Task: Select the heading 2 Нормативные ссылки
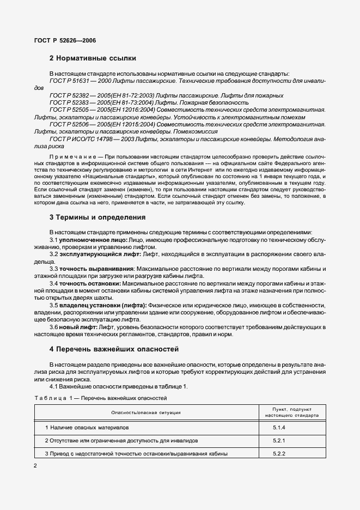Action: pos(93,58)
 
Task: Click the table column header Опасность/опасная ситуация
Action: pos(146,413)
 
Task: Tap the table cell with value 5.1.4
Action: pos(279,428)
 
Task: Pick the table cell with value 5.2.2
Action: pos(279,453)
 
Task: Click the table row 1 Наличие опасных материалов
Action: pos(87,428)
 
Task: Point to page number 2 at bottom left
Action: pos(35,466)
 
